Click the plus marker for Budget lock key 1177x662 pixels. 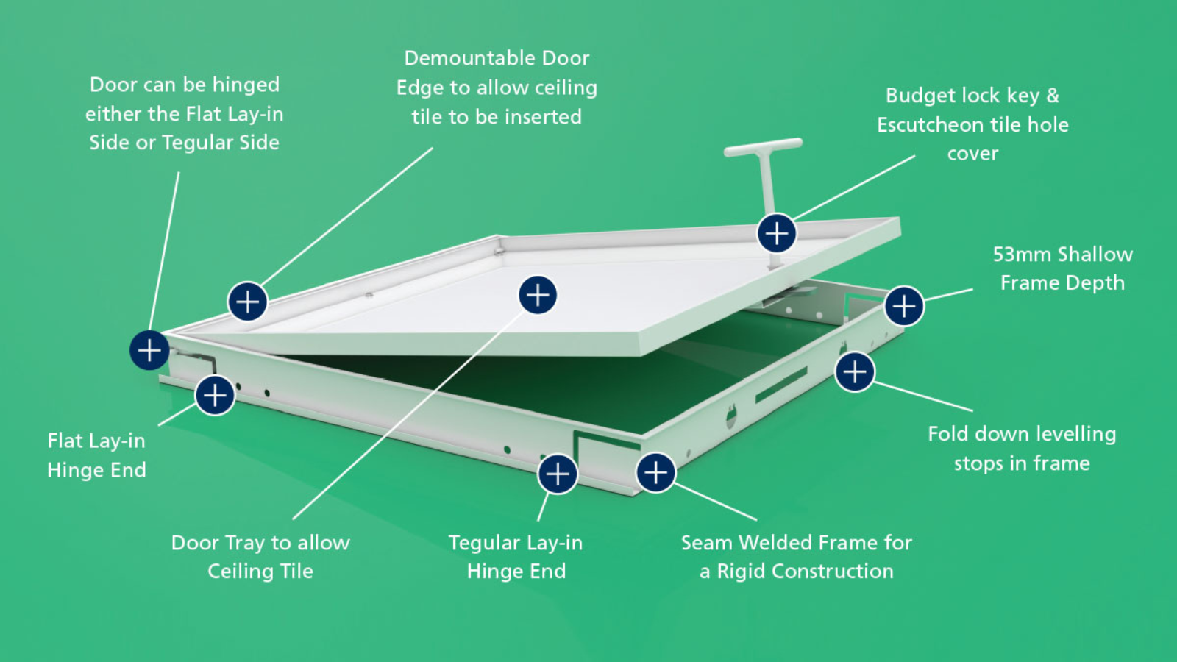click(777, 233)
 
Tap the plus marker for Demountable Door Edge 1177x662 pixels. click(247, 301)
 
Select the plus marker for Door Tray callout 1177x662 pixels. click(538, 295)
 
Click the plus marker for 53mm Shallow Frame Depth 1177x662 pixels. click(903, 306)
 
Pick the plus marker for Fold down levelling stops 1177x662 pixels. click(855, 371)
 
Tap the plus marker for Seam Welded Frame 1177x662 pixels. click(655, 472)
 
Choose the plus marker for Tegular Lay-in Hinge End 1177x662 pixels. click(558, 473)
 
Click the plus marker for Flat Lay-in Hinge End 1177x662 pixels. click(215, 395)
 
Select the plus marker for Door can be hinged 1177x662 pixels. click(149, 350)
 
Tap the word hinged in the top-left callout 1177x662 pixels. click(246, 85)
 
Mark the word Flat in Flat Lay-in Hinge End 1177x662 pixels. click(65, 441)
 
